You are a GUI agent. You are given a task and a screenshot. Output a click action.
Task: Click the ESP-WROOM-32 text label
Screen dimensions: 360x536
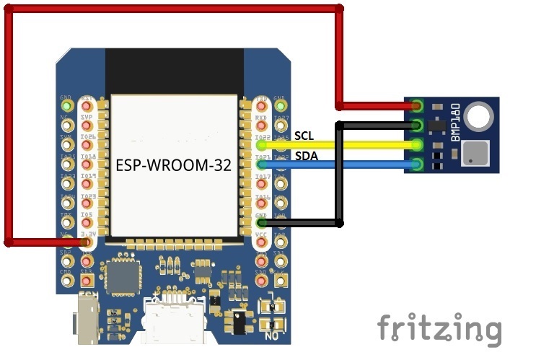pos(174,165)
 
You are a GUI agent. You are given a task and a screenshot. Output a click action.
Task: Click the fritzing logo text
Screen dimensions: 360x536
pos(439,328)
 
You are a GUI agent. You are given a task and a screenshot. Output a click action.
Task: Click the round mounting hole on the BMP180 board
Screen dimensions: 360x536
pos(480,115)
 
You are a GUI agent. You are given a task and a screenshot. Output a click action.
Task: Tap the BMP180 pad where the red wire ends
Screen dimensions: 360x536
pos(417,107)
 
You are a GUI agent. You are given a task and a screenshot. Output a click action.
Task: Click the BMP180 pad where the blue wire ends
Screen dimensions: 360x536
pos(417,165)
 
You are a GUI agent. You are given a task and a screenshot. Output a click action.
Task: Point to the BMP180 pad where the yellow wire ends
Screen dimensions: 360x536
pos(417,146)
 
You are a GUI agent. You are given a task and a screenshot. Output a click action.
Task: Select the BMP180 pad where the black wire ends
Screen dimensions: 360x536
pos(417,126)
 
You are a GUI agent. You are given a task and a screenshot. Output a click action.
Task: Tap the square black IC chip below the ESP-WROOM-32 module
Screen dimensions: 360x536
pos(118,276)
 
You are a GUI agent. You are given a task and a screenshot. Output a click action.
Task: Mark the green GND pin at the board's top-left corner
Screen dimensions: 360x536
pos(67,105)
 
